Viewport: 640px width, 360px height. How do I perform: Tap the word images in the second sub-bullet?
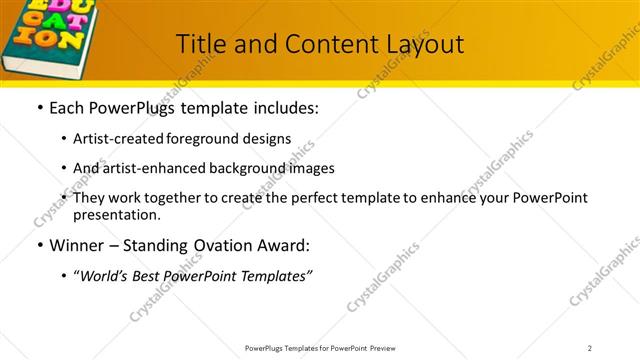[x=312, y=168]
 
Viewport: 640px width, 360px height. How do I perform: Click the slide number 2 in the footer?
[x=590, y=348]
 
